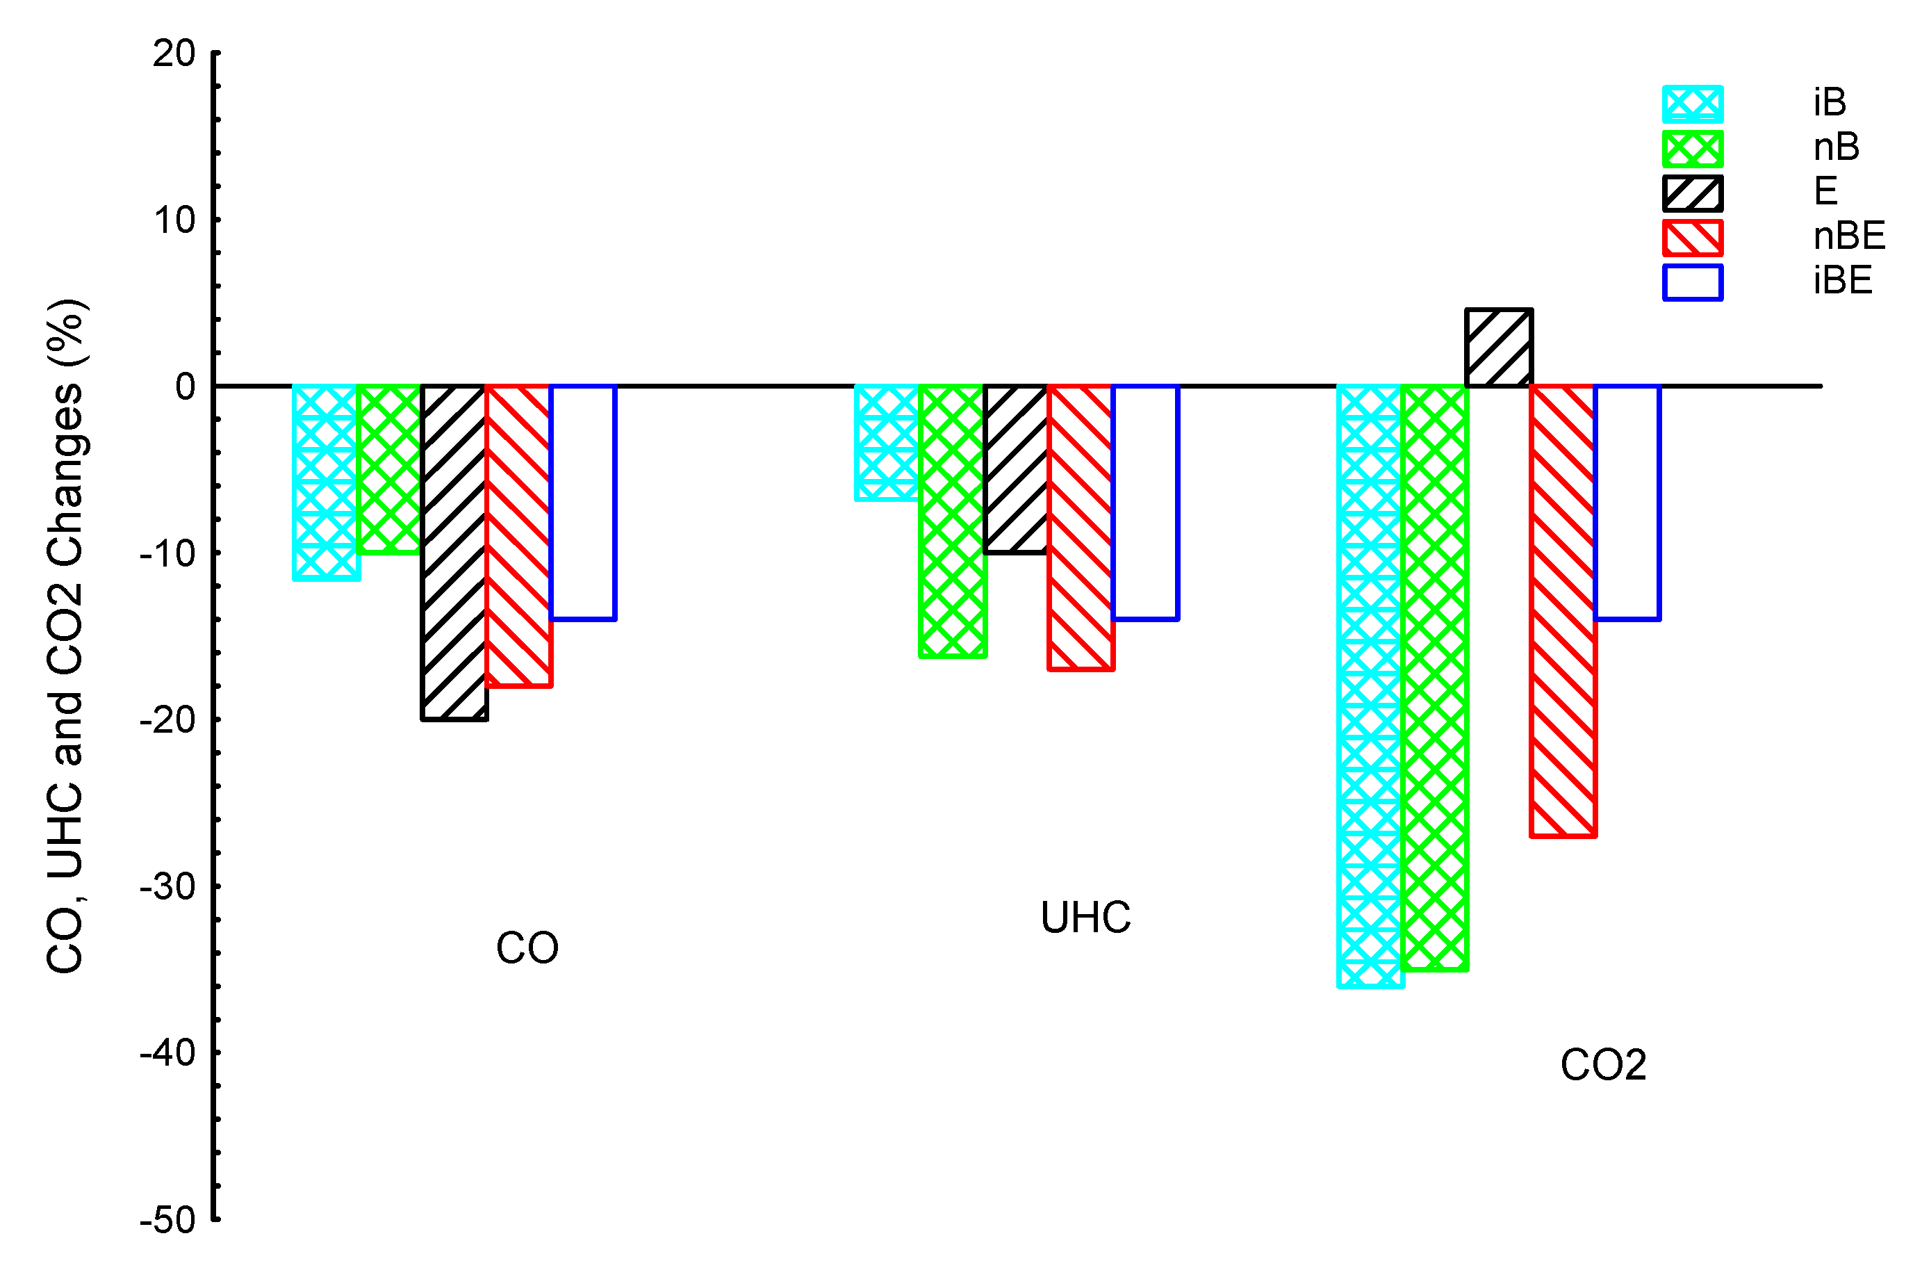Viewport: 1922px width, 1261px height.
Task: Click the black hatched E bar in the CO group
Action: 454,553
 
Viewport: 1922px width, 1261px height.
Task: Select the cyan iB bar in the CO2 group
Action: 1370,687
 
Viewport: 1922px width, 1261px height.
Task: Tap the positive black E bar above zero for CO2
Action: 1499,348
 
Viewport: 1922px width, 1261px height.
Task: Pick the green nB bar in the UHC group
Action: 952,521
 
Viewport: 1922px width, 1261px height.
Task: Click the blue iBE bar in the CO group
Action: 583,503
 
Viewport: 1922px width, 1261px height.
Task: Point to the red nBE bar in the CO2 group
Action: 1563,612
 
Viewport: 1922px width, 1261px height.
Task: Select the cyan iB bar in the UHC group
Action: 887,443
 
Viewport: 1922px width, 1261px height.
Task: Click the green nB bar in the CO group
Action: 389,469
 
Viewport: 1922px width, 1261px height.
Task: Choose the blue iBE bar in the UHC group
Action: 1145,503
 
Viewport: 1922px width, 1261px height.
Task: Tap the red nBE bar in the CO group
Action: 518,535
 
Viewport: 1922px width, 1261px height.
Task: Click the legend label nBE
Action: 1848,236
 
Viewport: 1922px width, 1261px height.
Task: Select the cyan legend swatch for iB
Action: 1693,104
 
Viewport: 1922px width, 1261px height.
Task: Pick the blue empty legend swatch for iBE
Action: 1693,283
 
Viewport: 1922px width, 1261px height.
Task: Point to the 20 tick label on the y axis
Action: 174,54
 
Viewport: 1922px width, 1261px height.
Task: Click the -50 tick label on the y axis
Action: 168,1220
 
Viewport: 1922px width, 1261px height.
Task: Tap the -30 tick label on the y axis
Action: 168,887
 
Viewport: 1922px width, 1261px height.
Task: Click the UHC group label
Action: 1085,918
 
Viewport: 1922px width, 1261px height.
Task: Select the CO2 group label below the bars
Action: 1603,1065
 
